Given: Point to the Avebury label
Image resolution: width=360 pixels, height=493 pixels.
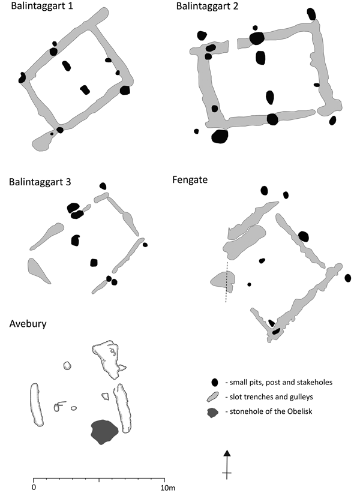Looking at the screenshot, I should click(28, 324).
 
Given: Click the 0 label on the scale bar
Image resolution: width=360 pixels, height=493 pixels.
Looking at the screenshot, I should click(34, 487).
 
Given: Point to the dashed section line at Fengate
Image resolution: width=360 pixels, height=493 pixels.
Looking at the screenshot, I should click(227, 282).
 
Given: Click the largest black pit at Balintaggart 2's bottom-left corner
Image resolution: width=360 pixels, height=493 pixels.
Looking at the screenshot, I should click(220, 136).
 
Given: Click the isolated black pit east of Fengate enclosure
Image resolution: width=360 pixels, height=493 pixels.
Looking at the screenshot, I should click(348, 278).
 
